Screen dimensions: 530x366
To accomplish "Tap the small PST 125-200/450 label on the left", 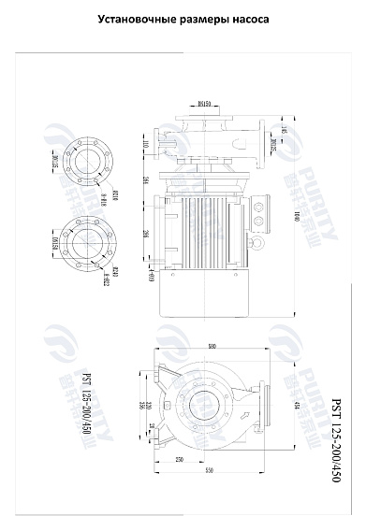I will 87,403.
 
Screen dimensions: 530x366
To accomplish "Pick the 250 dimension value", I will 178,460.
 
